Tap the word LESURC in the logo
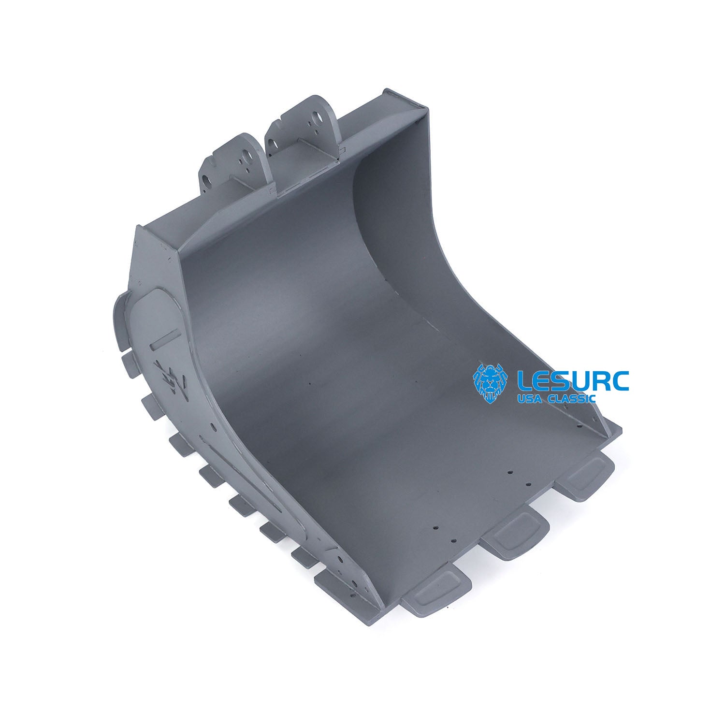(x=573, y=381)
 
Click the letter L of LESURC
(x=525, y=381)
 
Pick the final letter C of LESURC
(x=620, y=381)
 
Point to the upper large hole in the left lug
(x=247, y=158)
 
